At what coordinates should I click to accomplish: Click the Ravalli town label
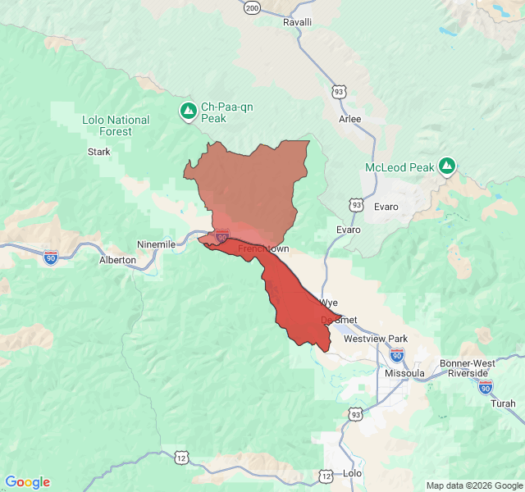coord(298,22)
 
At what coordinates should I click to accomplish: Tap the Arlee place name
coord(349,119)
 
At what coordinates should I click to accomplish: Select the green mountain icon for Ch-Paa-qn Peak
coord(188,111)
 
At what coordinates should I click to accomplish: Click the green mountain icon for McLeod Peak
coord(447,166)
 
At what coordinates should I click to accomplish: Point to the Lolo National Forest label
coord(116,125)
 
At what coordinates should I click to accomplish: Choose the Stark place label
coord(98,152)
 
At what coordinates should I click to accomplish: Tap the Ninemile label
coord(156,244)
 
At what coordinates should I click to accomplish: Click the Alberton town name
coord(117,259)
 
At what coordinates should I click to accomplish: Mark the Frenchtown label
coord(263,248)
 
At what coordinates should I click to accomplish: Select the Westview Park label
coord(376,339)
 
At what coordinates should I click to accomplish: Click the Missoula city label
coord(404,373)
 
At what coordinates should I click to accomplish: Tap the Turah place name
coord(503,403)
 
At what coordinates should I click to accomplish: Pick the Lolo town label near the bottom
coord(351,473)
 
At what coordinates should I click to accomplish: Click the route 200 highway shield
coord(252,7)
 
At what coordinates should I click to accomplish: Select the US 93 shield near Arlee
coord(338,92)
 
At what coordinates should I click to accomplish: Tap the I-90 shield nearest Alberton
coord(51,257)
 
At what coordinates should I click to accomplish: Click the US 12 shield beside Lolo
coord(326,476)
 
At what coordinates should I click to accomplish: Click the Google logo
coord(28,482)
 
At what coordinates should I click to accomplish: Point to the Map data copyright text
coord(473,485)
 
